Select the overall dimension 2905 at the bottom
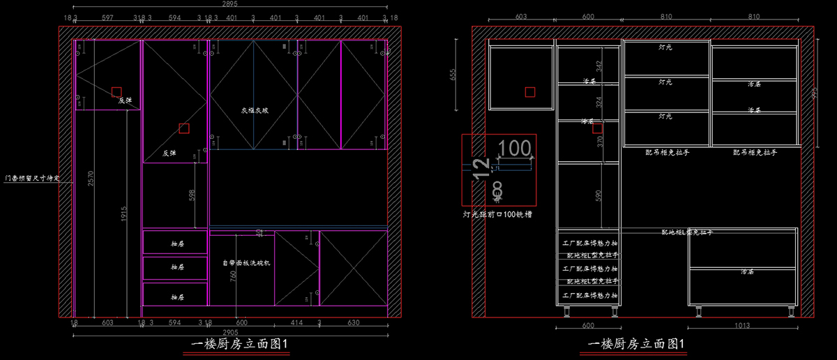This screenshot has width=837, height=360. [229, 333]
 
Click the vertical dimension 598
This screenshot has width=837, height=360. [193, 197]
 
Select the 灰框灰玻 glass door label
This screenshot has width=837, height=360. [255, 110]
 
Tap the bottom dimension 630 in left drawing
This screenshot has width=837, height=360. [353, 323]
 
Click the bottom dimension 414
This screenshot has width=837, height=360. [296, 323]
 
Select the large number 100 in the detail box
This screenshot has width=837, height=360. [515, 148]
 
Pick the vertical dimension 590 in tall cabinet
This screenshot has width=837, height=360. [598, 196]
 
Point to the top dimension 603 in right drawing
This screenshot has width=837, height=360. [502, 16]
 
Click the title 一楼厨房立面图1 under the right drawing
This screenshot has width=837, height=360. [638, 344]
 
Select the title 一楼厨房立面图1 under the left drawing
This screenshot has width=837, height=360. [239, 344]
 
